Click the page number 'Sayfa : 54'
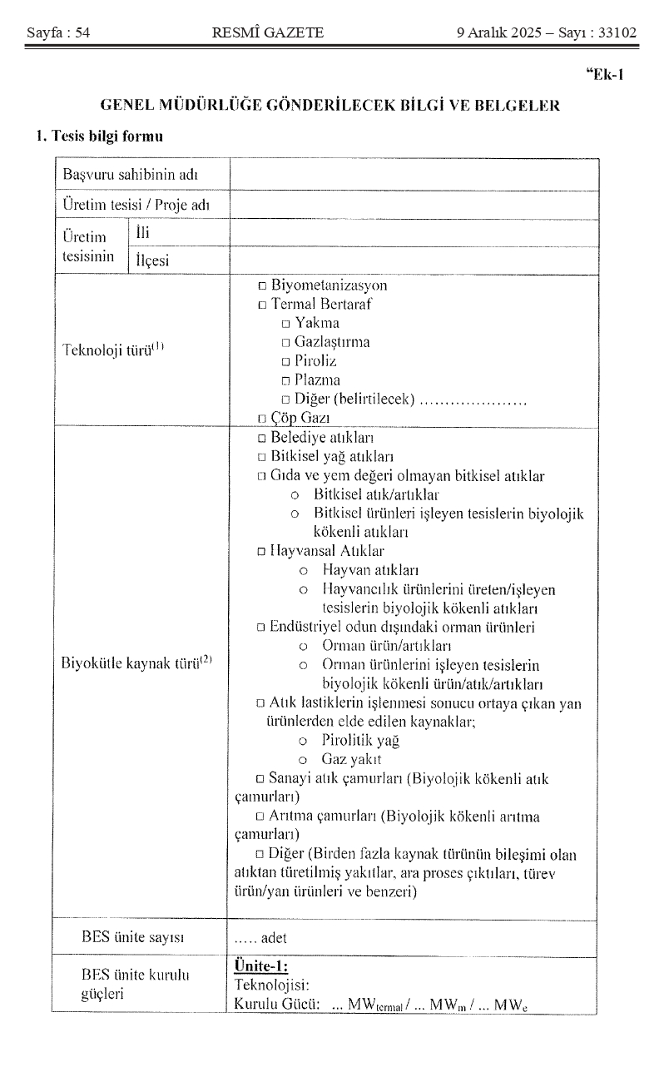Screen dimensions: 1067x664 58,33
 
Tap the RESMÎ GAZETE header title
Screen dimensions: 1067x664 268,33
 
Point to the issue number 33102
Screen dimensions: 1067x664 615,33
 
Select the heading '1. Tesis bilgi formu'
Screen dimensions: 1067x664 99,136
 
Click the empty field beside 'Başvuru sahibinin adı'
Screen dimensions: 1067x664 414,176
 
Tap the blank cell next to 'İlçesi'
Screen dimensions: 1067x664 414,261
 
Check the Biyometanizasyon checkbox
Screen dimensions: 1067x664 262,286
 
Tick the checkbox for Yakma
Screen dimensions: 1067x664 285,324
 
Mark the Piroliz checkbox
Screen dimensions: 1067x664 285,362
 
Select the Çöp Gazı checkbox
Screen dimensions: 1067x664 262,419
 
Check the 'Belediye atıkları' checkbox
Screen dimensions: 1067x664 262,438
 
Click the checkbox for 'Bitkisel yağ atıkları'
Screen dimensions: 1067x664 262,457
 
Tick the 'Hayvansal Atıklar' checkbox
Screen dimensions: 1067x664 262,551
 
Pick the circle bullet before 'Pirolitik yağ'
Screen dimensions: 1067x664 304,741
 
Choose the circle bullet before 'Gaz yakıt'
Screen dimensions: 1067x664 304,760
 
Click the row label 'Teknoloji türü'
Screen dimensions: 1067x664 113,350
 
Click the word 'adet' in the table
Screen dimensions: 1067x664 274,938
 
